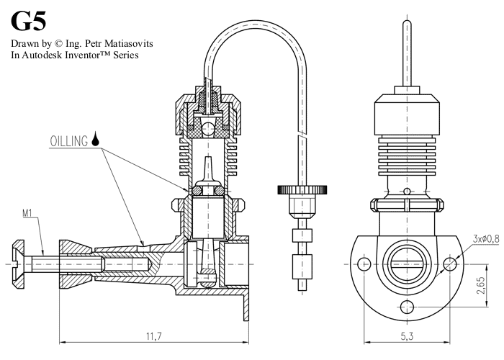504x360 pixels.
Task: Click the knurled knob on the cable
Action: pos(302,189)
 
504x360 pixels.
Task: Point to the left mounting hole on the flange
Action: pos(365,264)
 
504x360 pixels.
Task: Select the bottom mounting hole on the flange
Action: pos(408,307)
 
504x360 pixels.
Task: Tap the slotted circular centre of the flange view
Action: pos(407,264)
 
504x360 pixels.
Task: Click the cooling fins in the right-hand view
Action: pos(407,156)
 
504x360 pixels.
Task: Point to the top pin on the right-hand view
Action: pos(407,54)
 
